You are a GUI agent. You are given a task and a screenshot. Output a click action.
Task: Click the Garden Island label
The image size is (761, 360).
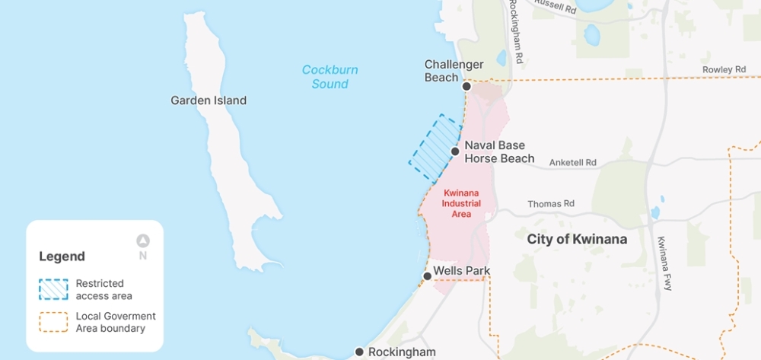pos(209,100)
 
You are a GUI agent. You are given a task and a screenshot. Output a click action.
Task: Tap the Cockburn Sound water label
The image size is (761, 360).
pos(330,77)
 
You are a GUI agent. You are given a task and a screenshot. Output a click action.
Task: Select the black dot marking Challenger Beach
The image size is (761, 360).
pos(466,87)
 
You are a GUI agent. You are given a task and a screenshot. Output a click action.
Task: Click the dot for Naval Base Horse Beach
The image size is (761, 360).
pos(455,151)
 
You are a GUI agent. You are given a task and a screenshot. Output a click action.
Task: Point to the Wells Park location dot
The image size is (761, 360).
pos(428,276)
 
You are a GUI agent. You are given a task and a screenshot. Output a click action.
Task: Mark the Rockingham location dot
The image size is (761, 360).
pos(359,352)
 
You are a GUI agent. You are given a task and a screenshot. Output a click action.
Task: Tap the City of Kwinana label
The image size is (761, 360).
pos(577,239)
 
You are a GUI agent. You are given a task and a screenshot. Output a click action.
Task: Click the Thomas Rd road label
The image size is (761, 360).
pos(551,204)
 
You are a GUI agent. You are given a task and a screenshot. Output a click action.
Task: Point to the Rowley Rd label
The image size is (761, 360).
pos(724,70)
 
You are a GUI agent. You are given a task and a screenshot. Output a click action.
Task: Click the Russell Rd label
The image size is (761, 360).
pos(554,8)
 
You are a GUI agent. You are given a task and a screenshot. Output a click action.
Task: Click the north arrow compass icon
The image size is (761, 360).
pos(143,241)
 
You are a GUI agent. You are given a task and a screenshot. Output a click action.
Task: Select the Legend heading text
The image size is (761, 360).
pos(62,256)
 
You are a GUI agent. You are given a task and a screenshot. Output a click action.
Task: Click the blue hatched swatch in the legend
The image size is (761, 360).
pos(53,289)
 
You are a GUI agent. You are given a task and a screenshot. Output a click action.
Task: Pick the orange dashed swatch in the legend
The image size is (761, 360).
pos(53,322)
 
